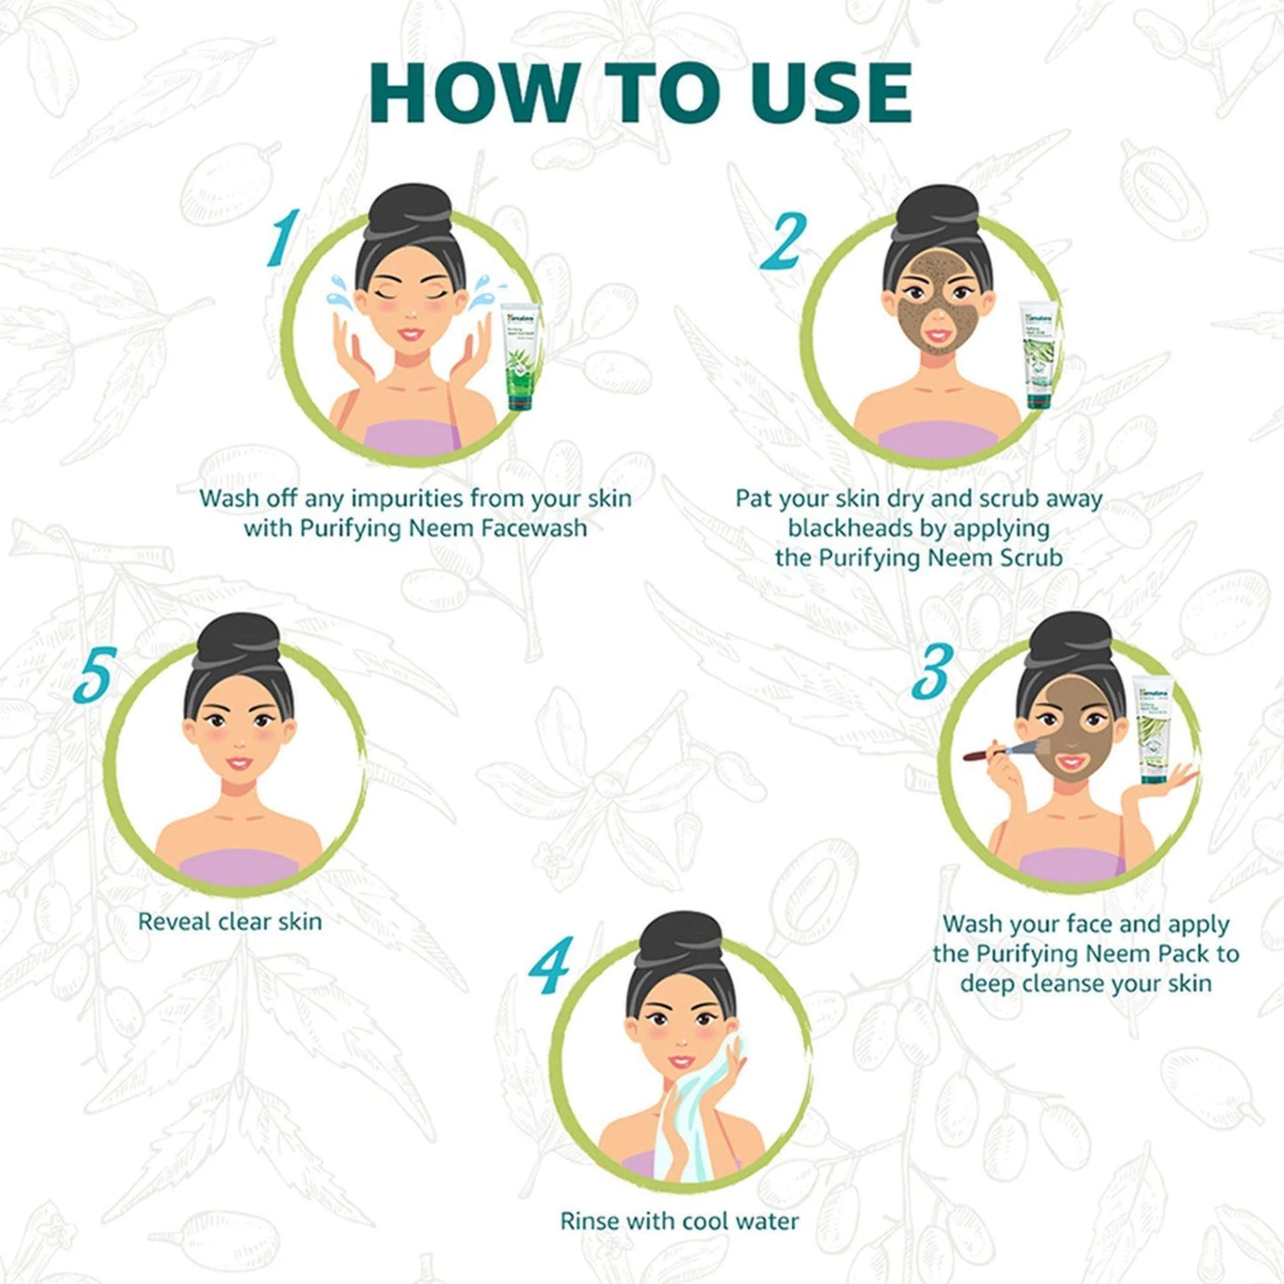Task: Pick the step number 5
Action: click(x=94, y=675)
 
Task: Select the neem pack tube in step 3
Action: click(x=1152, y=730)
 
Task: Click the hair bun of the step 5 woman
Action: click(x=238, y=640)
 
